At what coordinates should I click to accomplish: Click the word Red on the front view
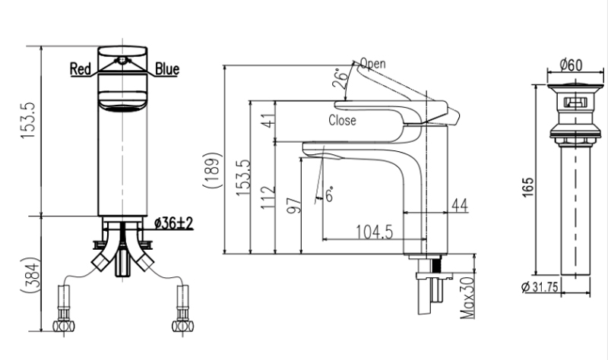[81, 69]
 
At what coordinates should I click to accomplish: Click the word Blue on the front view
[167, 69]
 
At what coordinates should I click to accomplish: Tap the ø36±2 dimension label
[173, 223]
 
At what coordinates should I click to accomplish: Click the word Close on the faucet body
[342, 119]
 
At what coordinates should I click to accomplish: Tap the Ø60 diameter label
[571, 65]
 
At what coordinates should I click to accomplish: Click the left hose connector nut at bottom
[64, 325]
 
